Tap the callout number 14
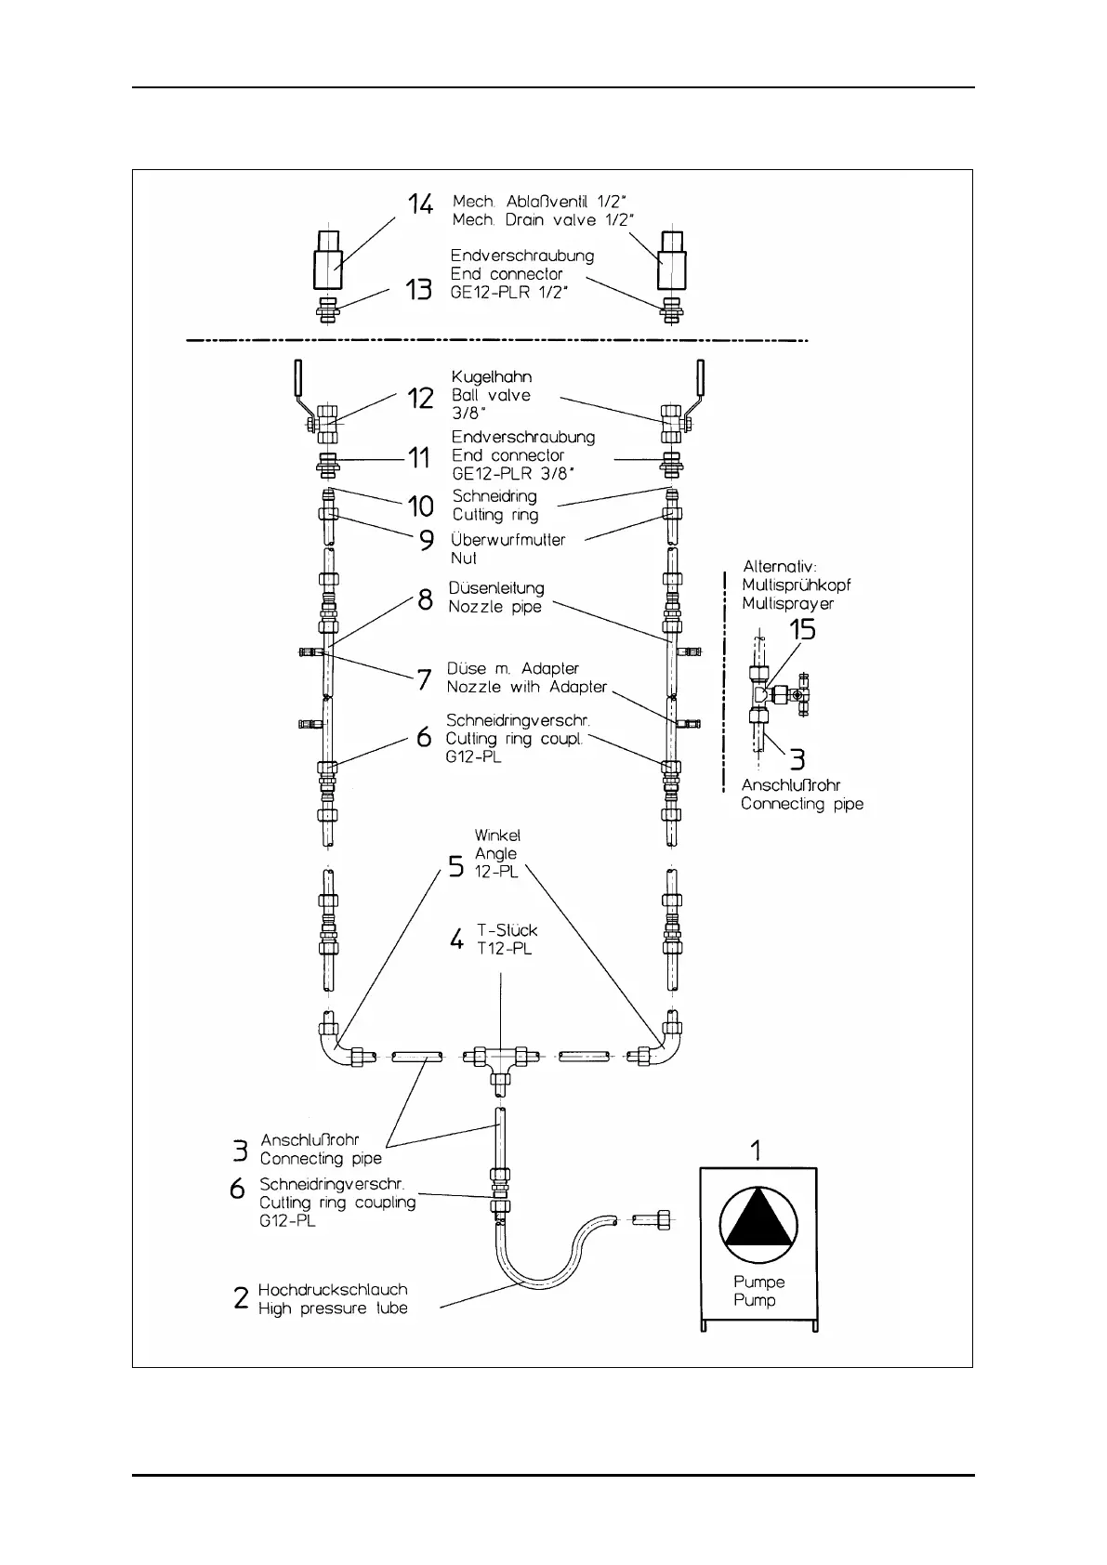tap(420, 204)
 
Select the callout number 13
tap(418, 290)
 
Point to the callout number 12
tap(421, 398)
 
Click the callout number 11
tap(419, 457)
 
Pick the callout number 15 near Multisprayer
tap(802, 630)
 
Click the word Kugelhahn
tap(492, 376)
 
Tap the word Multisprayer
tap(787, 604)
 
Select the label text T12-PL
tap(504, 949)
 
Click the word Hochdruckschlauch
tap(333, 1290)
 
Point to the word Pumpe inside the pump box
tap(759, 1282)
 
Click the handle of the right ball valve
tap(700, 379)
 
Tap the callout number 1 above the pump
tap(756, 1151)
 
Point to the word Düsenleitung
tap(496, 588)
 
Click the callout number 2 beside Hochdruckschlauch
tap(241, 1298)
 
